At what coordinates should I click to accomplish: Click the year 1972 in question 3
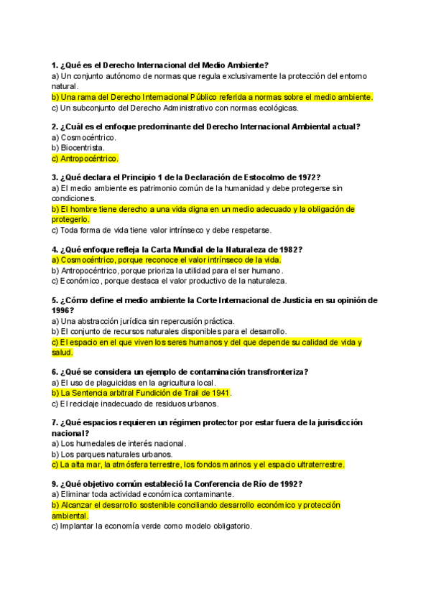pyautogui.click(x=307, y=177)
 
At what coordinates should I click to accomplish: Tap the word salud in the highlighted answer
pyautogui.click(x=62, y=353)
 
